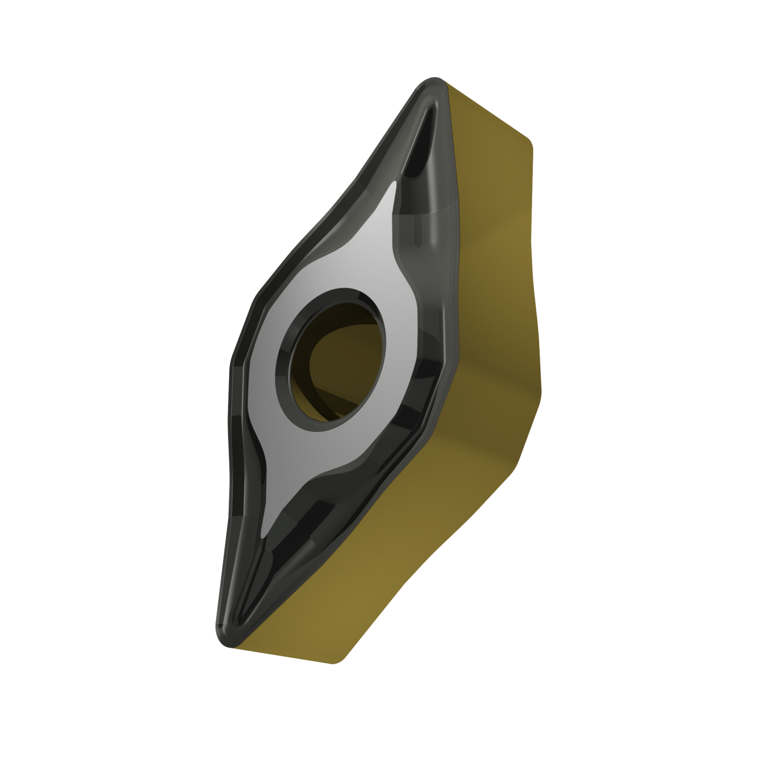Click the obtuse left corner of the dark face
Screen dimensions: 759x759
coord(234,360)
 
